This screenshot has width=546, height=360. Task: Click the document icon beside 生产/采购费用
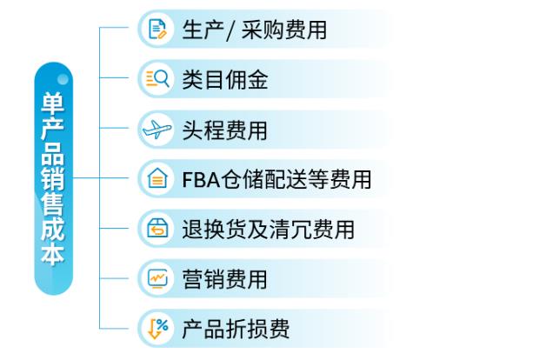coord(157,30)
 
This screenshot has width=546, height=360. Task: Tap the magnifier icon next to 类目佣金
coord(157,80)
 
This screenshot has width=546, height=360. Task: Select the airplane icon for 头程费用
coord(157,130)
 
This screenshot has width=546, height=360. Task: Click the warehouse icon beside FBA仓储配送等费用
coord(157,180)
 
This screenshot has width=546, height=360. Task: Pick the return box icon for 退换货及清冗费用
coord(157,230)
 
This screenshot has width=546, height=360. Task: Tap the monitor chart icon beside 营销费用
coord(157,279)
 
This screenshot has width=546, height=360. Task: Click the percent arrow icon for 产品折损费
coord(157,329)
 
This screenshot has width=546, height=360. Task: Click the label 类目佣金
coord(224,81)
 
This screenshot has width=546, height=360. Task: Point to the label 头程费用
coord(224,130)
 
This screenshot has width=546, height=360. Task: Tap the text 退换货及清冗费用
coord(268,230)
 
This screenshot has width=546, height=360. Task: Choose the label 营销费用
coord(224,280)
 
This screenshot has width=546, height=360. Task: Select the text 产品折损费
coord(236,330)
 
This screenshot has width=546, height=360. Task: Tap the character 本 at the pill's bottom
coord(53,256)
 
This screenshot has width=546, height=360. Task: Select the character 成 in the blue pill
coord(53,230)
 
